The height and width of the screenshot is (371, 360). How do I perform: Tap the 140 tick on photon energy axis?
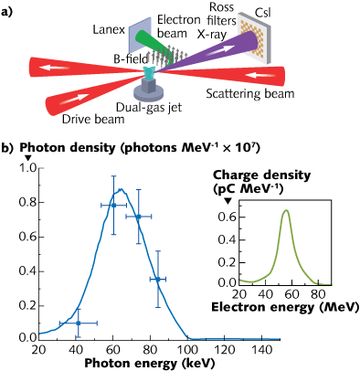[260, 348]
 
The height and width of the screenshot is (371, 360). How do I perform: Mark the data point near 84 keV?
[158, 279]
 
